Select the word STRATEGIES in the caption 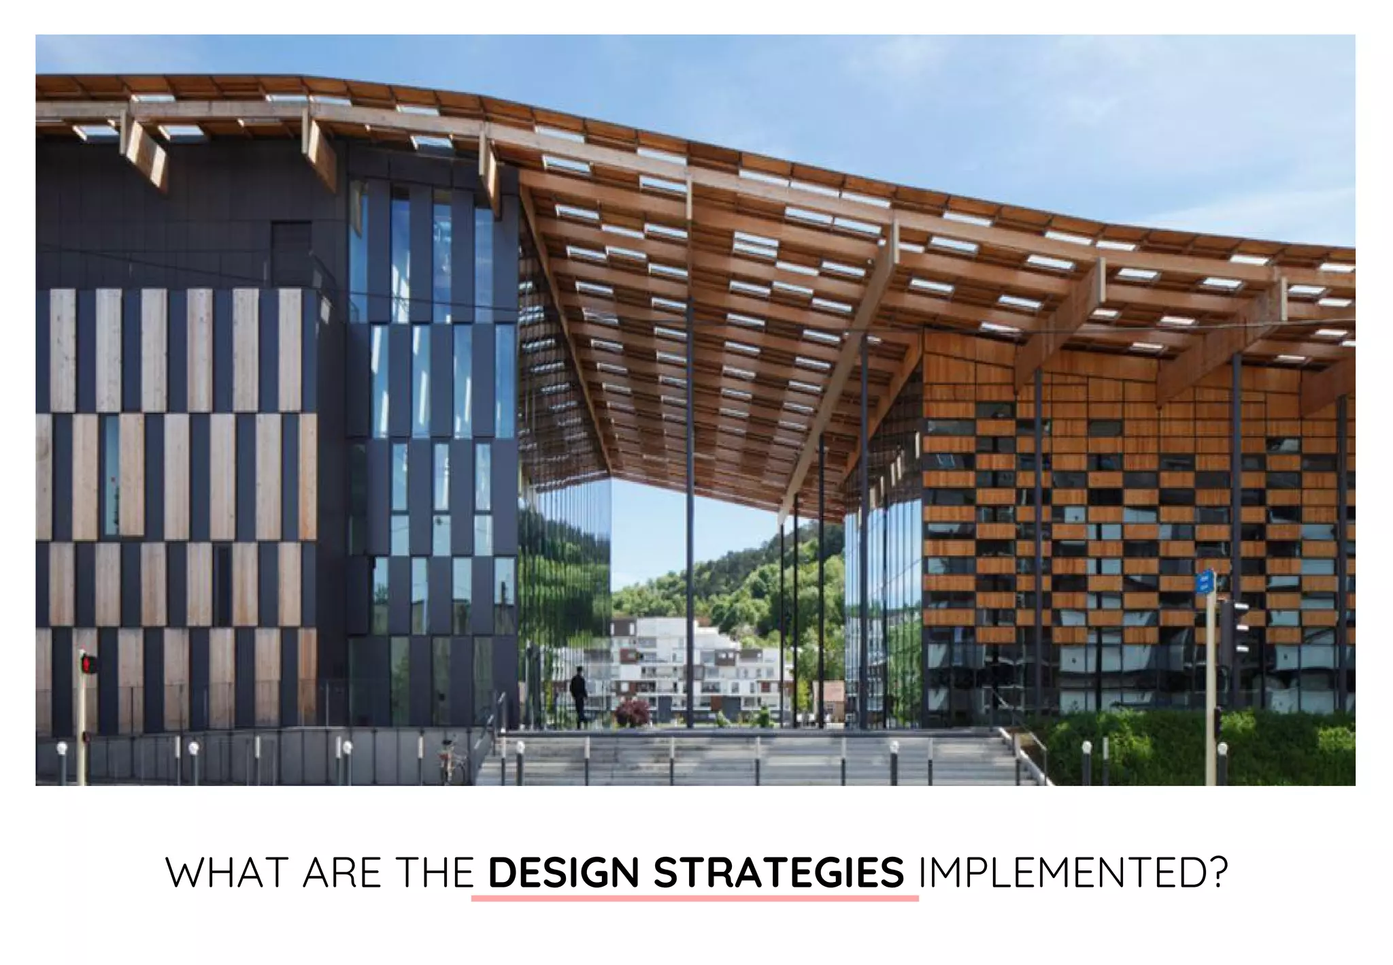click(x=779, y=873)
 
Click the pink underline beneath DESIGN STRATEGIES click(x=694, y=899)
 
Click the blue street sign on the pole click(x=1205, y=581)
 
